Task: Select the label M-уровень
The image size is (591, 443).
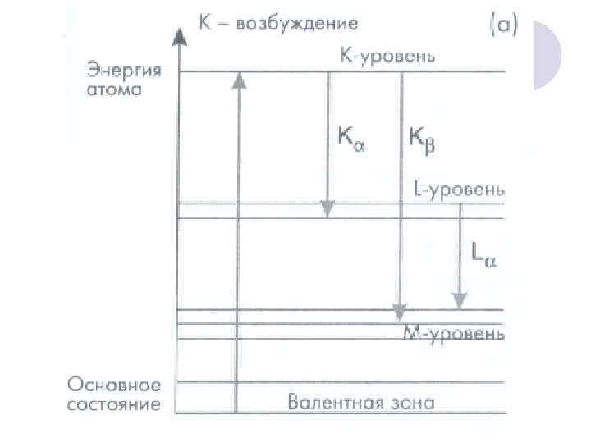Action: (x=453, y=332)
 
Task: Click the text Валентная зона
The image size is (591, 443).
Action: (x=361, y=402)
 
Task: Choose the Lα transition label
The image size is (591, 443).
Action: (x=484, y=255)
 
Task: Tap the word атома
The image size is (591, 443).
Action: (x=115, y=89)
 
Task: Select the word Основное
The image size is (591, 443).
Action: (x=115, y=385)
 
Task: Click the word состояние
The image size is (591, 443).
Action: (x=115, y=404)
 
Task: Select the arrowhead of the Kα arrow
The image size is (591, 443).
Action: (x=328, y=209)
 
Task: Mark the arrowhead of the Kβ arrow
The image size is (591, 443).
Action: (x=400, y=313)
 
